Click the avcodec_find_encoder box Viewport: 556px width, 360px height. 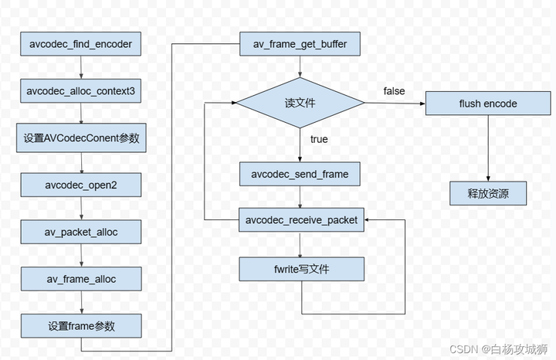point(81,45)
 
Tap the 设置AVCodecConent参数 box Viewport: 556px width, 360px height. point(81,139)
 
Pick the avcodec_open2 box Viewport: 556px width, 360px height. point(81,185)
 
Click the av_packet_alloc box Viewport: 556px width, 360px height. point(81,231)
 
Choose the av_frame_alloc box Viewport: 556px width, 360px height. point(81,277)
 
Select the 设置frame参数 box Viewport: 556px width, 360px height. point(81,324)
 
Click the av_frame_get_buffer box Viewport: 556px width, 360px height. point(300,45)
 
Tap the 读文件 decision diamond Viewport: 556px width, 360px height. point(300,103)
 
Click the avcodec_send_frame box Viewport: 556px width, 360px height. point(300,175)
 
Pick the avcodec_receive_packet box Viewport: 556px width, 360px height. point(300,220)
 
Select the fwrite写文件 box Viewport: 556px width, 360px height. point(300,269)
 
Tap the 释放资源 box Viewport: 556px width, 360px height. point(488,193)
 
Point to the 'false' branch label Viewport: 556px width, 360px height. point(394,91)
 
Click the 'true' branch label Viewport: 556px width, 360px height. point(318,140)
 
